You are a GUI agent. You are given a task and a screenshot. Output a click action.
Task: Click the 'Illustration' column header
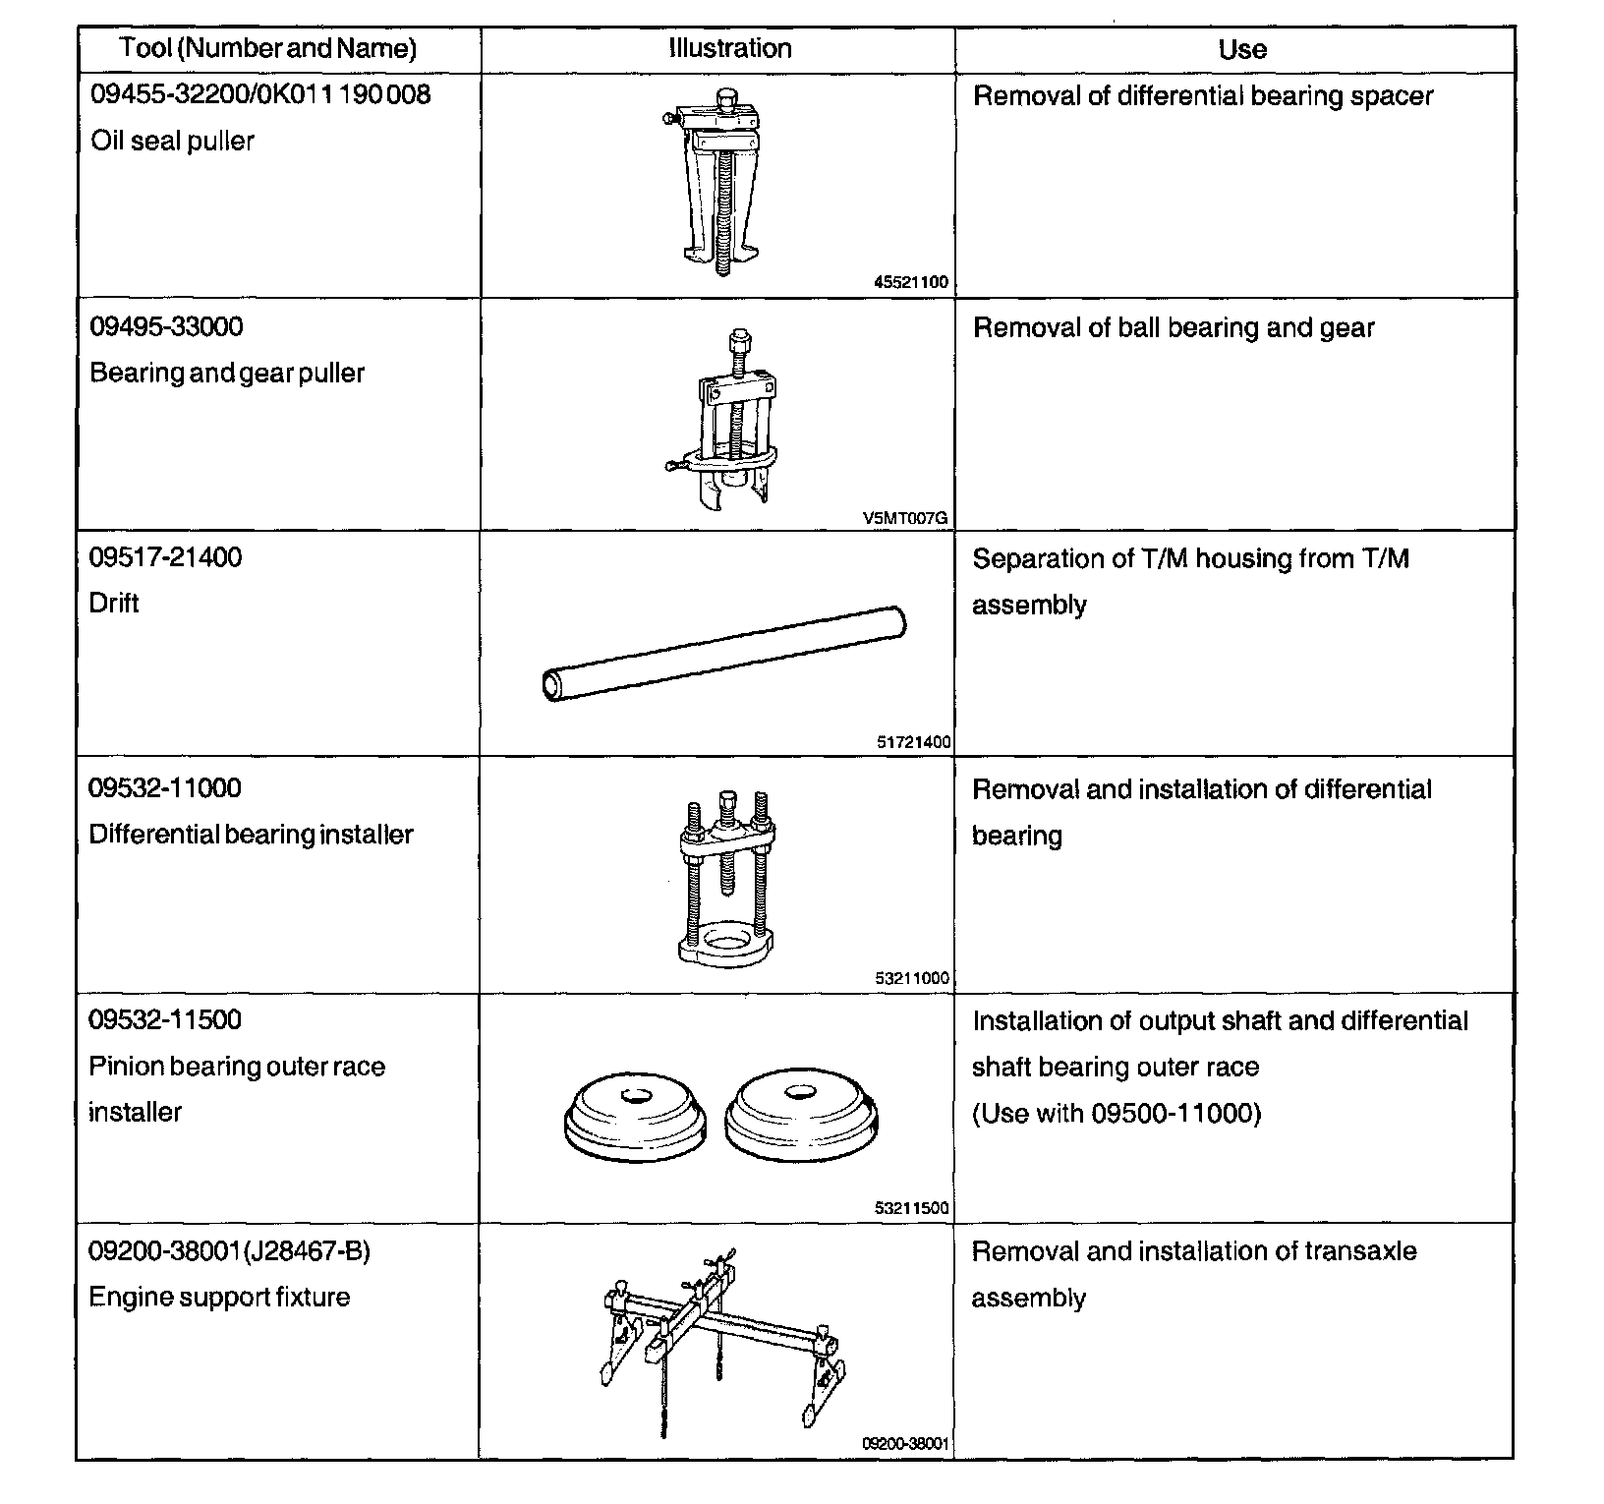coord(730,49)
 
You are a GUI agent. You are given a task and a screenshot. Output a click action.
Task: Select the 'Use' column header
coord(1241,49)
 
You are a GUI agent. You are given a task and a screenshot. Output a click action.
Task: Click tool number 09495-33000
coord(166,326)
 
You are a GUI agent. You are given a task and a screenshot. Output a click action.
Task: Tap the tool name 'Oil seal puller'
coord(172,142)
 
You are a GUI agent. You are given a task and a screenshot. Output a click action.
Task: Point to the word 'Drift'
coord(114,603)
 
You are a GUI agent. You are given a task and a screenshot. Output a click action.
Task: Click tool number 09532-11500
coord(165,1019)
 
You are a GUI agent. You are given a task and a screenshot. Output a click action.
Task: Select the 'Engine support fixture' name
coord(219,1298)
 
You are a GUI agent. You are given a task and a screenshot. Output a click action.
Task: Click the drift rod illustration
coord(724,654)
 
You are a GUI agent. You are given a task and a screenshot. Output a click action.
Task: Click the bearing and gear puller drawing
coord(722,423)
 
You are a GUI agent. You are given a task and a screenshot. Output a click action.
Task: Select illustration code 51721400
coord(913,742)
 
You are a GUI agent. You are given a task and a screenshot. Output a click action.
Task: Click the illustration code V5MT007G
coord(906,518)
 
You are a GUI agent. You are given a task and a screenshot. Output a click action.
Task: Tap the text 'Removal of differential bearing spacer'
coord(1202,96)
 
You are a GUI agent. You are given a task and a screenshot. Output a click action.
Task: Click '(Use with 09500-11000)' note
coord(1116,1114)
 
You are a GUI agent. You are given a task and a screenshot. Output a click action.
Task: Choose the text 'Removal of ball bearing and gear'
coord(1173,328)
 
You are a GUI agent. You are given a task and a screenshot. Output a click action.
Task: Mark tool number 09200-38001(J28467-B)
coord(229,1251)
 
